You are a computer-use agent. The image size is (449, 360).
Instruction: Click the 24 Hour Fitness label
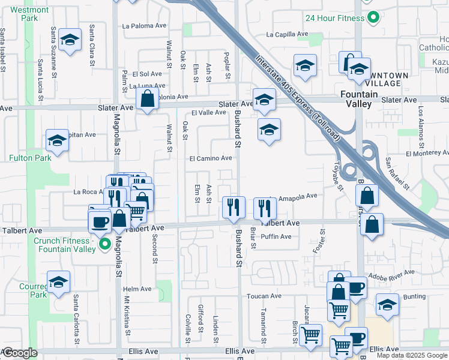(334, 18)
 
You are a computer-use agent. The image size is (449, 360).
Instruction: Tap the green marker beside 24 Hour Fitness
(372, 17)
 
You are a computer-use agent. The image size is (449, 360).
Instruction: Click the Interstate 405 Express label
(298, 99)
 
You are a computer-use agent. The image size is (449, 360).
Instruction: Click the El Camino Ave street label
(211, 158)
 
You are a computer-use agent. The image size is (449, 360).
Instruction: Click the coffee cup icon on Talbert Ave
(100, 221)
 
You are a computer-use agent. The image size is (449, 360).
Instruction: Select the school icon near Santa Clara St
(70, 40)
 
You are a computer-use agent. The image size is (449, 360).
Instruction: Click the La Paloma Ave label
(144, 26)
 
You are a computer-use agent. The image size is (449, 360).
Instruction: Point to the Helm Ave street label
(137, 289)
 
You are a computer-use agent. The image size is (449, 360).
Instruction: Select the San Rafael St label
(397, 174)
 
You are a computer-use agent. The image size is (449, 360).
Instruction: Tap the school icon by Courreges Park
(59, 282)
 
